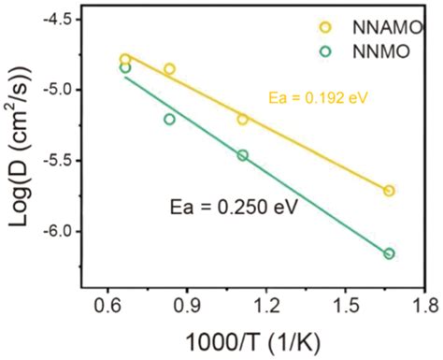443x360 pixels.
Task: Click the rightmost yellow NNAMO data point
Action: coord(389,191)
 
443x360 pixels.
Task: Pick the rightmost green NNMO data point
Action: coord(389,253)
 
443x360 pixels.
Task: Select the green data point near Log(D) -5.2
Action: coord(169,119)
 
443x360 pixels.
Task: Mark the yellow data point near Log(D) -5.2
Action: coord(242,119)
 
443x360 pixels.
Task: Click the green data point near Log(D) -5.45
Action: coord(242,155)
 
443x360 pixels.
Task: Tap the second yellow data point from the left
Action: coord(169,69)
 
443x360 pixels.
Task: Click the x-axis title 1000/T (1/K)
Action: coord(266,340)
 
